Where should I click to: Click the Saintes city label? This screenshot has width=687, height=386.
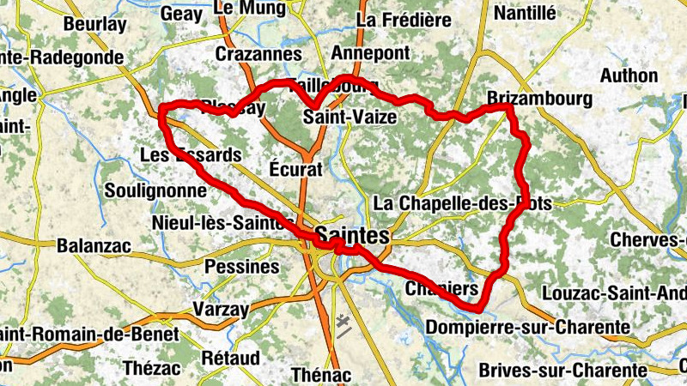(352, 234)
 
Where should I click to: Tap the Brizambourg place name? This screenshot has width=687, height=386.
(539, 99)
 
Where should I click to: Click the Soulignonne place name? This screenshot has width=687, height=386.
(155, 190)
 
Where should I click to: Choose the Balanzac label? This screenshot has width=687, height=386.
(94, 246)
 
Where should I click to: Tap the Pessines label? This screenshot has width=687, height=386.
(242, 267)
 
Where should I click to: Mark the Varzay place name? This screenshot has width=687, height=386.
(221, 309)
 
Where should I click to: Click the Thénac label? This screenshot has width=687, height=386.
(321, 375)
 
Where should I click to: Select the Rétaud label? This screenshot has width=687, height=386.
(229, 356)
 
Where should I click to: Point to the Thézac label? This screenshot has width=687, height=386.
(152, 368)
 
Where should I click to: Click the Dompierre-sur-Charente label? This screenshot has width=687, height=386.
(528, 327)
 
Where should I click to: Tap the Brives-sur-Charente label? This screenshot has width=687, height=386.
(562, 370)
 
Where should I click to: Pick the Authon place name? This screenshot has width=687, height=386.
(629, 75)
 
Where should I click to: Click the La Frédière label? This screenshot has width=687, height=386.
(403, 18)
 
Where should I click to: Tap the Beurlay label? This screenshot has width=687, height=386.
(94, 24)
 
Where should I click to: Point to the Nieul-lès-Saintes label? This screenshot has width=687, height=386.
(216, 222)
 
